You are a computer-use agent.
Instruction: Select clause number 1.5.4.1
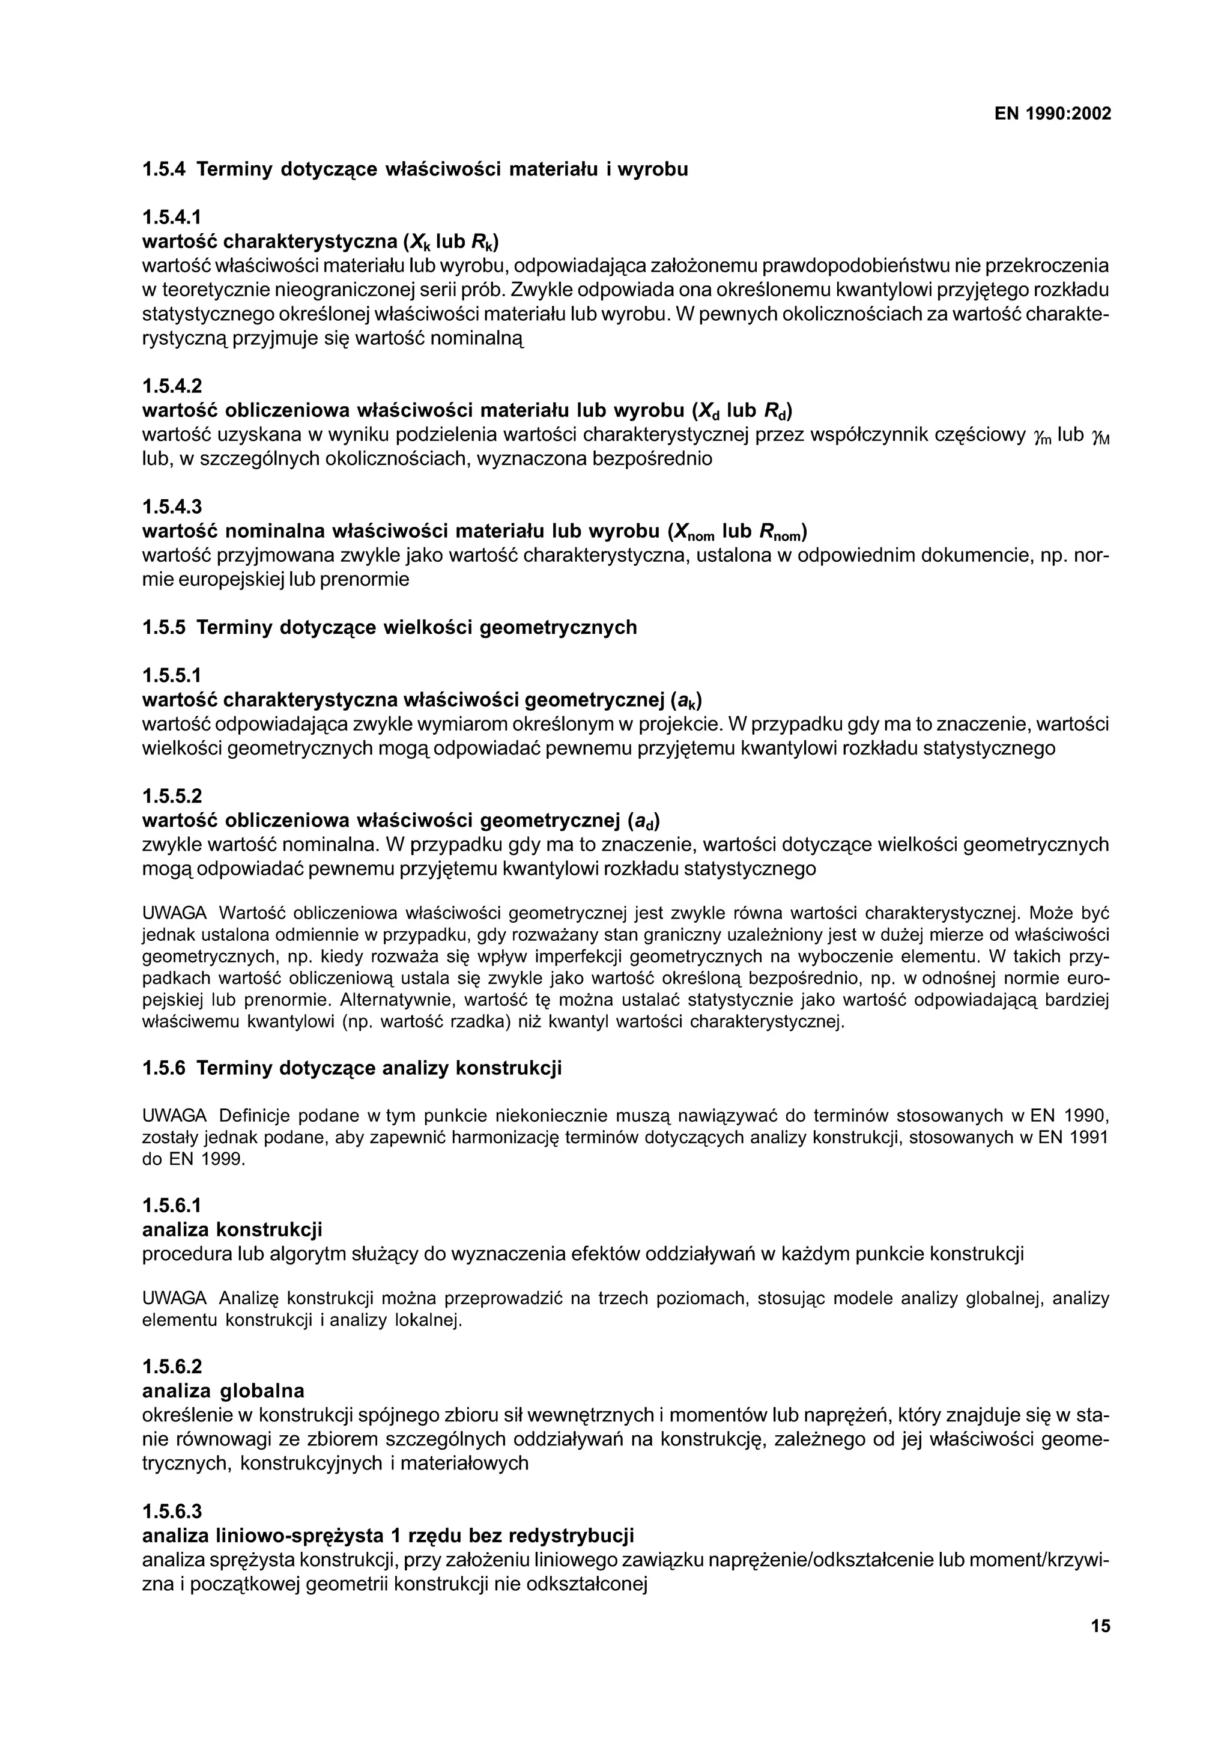[x=172, y=217]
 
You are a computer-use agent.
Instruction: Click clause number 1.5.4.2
[x=172, y=386]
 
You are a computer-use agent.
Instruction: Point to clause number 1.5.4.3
[x=172, y=506]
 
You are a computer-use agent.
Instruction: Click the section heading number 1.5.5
[x=164, y=628]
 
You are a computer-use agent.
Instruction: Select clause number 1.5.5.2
[x=172, y=796]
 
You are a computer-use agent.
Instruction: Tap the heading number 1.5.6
[x=164, y=1068]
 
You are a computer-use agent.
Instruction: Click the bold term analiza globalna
[x=223, y=1391]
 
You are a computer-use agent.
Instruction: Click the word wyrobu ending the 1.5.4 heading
[x=652, y=169]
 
